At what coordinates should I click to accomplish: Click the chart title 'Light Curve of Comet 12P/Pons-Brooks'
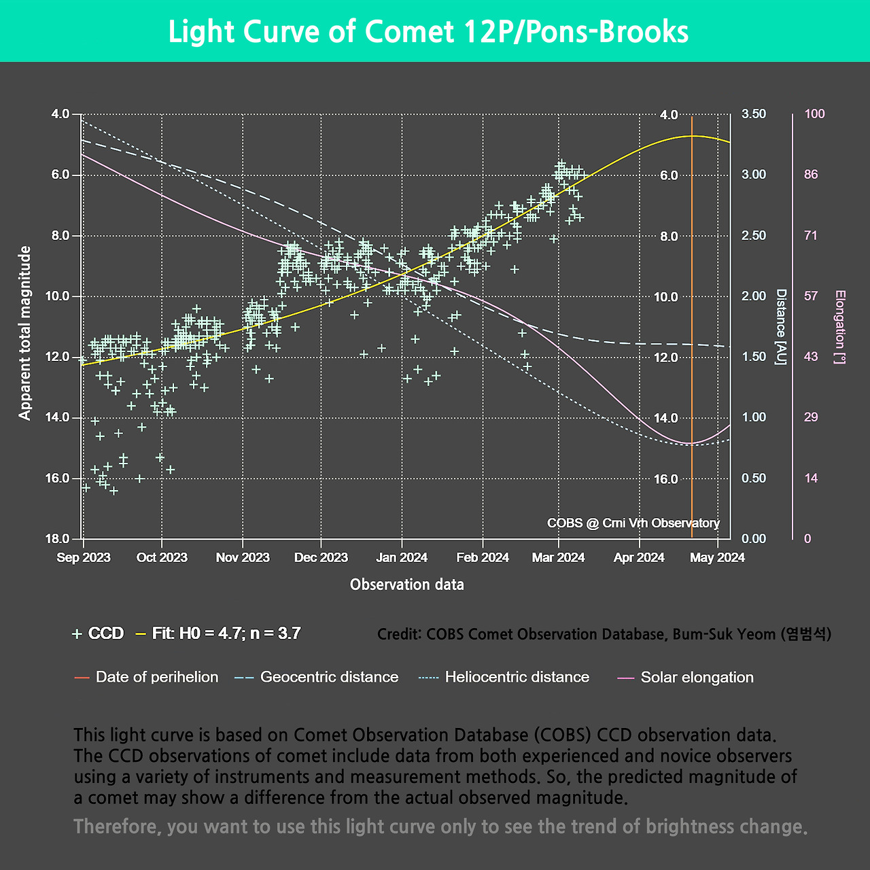pos(428,32)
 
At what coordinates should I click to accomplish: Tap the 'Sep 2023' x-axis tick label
pos(84,557)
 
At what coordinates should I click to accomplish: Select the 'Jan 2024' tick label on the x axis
pos(402,557)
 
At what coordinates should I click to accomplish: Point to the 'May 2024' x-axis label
pos(717,557)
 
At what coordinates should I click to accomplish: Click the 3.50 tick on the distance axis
pos(753,114)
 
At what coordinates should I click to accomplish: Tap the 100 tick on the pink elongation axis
pos(814,114)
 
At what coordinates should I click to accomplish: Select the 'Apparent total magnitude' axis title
pos(25,333)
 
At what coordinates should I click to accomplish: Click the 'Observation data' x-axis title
pos(407,585)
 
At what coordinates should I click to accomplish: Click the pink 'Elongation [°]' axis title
pos(841,327)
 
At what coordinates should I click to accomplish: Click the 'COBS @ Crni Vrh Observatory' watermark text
pos(633,523)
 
